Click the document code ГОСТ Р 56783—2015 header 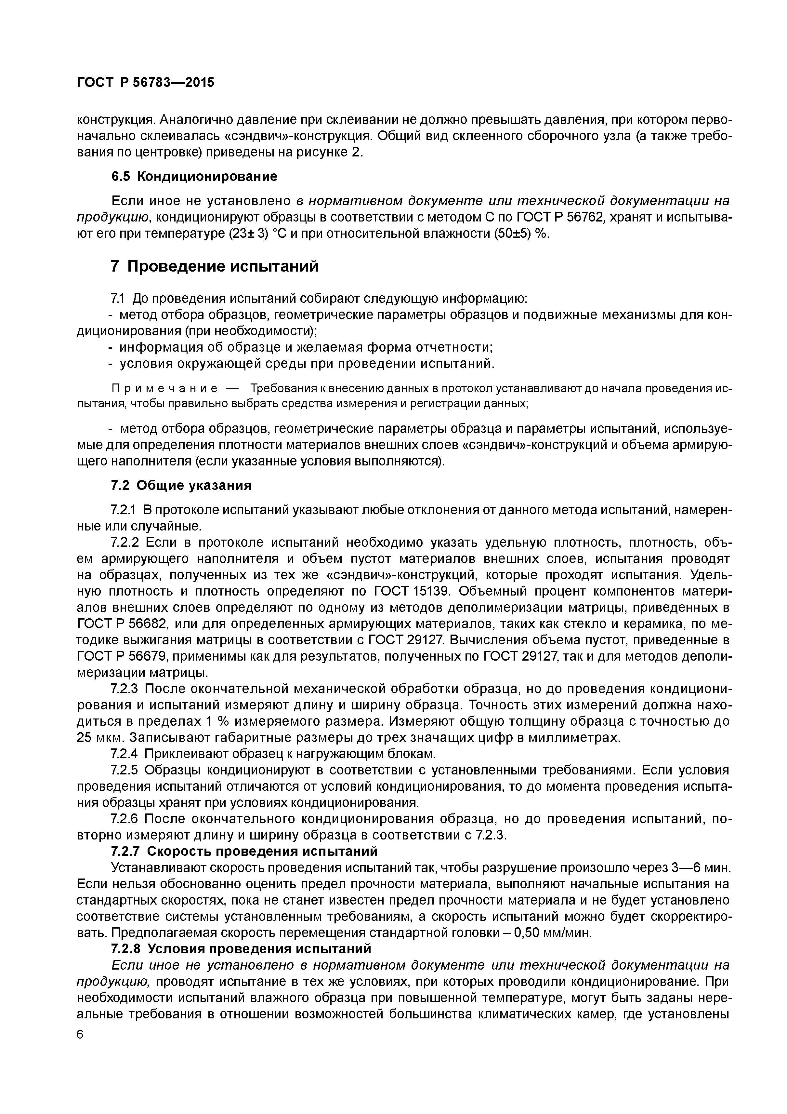point(146,83)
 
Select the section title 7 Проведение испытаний point(214,266)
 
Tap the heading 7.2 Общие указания point(181,486)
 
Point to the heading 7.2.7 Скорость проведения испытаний point(244,851)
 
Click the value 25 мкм point(96,737)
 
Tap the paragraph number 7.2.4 point(124,754)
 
